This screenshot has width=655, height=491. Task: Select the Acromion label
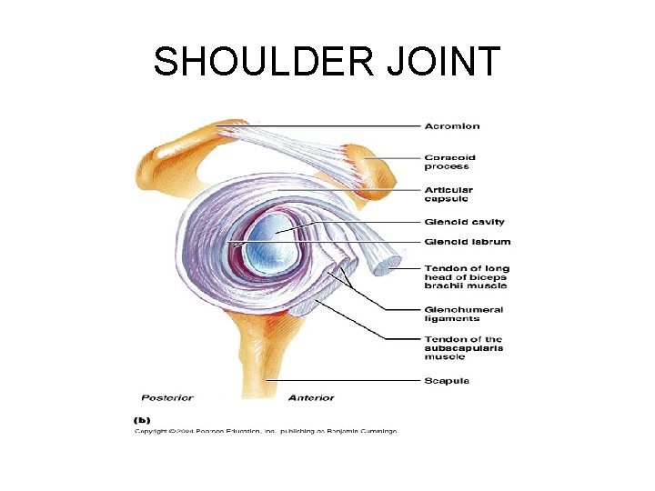pyautogui.click(x=452, y=125)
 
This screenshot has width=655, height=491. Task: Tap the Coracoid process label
pyautogui.click(x=450, y=162)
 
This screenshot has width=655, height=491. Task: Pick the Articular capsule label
pyautogui.click(x=448, y=194)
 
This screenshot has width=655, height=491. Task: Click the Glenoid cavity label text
pyautogui.click(x=464, y=222)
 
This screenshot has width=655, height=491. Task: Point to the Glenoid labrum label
pyautogui.click(x=467, y=242)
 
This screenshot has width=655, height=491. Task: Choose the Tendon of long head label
pyautogui.click(x=467, y=276)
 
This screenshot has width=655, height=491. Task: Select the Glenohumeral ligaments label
pyautogui.click(x=463, y=314)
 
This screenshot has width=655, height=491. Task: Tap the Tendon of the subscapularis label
pyautogui.click(x=463, y=348)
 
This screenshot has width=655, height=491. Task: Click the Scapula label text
pyautogui.click(x=448, y=380)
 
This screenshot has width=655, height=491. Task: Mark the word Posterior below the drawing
pyautogui.click(x=167, y=397)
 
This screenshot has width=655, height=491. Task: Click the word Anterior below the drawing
pyautogui.click(x=311, y=397)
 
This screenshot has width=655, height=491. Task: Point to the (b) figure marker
pyautogui.click(x=143, y=419)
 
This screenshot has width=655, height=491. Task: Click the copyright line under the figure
pyautogui.click(x=266, y=431)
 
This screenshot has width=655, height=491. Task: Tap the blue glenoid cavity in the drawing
pyautogui.click(x=271, y=238)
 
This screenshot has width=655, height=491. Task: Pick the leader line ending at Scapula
pyautogui.click(x=346, y=380)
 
